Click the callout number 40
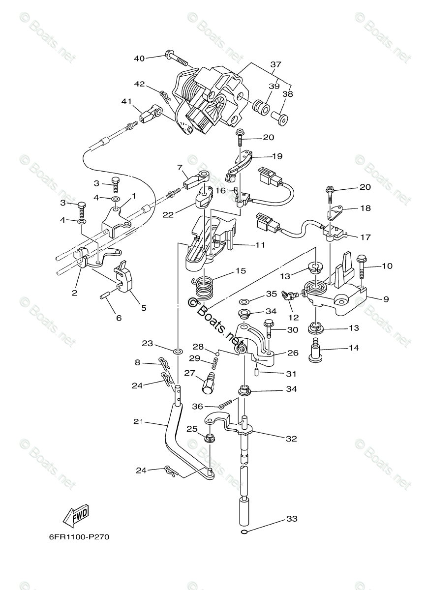[139, 59]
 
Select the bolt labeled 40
[178, 59]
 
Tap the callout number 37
[275, 64]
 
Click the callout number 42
[139, 84]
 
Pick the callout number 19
[277, 156]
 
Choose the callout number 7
[180, 168]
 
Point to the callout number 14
[353, 348]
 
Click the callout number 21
[139, 422]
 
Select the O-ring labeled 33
[244, 532]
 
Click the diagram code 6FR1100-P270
[72, 536]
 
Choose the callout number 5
[144, 308]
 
